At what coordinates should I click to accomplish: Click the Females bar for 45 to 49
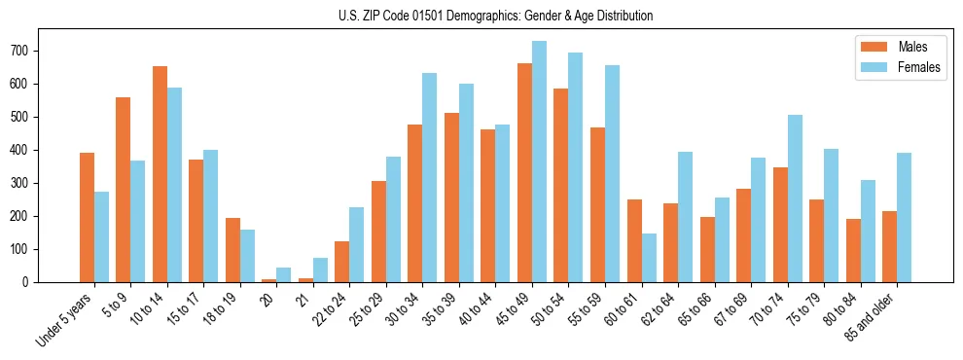coord(539,162)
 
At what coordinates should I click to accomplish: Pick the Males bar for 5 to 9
coord(124,190)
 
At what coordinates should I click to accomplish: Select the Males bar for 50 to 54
coord(561,186)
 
